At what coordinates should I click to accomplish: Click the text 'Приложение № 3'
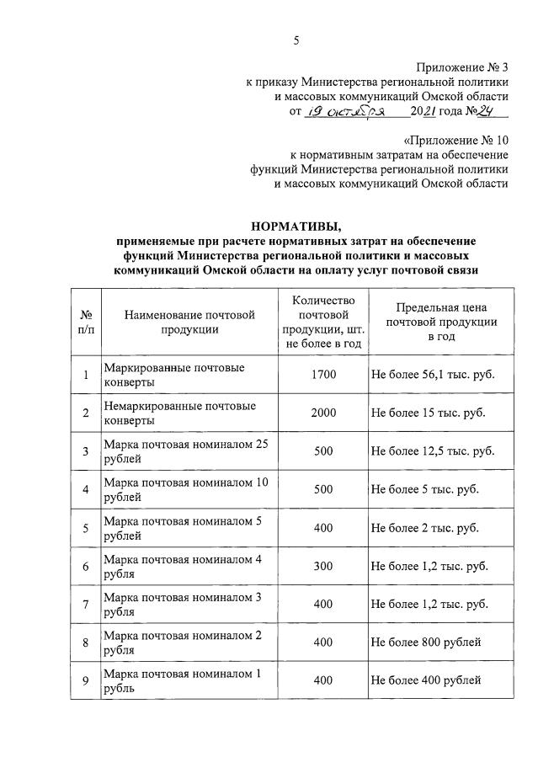click(x=462, y=67)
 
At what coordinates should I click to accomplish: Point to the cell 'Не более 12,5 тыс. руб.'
click(x=433, y=452)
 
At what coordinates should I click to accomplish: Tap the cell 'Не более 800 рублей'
click(x=426, y=643)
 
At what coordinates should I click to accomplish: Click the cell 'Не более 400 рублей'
click(x=426, y=681)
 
